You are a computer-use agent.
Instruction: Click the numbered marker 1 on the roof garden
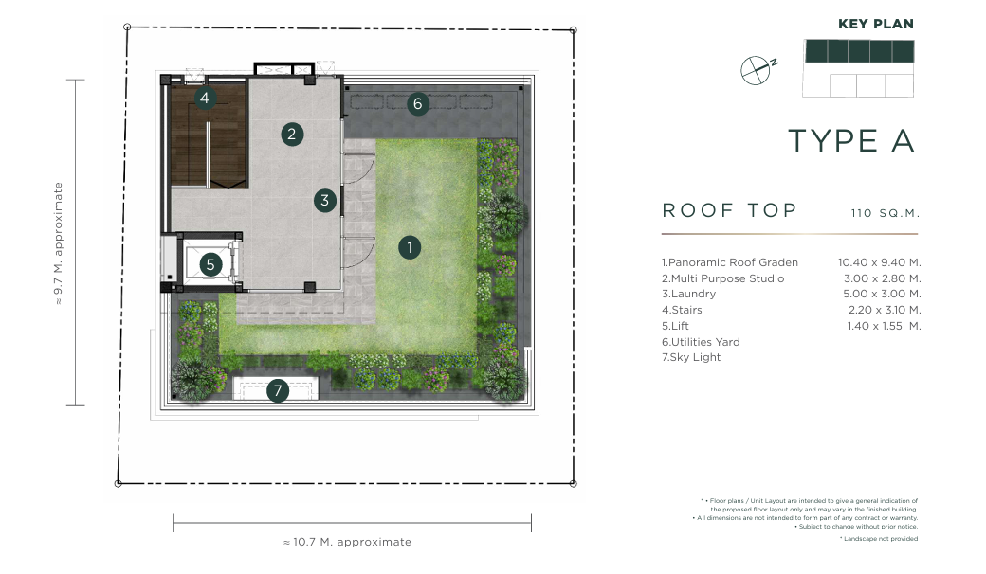[x=410, y=247]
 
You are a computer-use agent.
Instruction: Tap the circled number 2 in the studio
[x=292, y=134]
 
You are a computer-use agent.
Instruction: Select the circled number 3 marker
[x=324, y=201]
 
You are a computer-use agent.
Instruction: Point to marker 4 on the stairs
[x=205, y=98]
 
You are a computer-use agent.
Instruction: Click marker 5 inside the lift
[x=210, y=265]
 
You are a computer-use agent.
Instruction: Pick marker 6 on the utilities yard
[x=417, y=103]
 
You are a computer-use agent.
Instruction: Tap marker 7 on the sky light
[x=277, y=390]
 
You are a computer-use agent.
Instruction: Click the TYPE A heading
[x=850, y=141]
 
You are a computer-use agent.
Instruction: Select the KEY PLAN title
[x=875, y=24]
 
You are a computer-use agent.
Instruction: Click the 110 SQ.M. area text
[x=886, y=213]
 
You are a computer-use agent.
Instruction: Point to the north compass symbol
[x=758, y=70]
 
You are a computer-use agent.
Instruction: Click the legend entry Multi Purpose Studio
[x=722, y=278]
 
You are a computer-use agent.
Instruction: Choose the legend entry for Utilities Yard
[x=701, y=342]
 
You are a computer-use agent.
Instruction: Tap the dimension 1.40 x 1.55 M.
[x=884, y=326]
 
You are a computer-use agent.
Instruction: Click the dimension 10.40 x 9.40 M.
[x=879, y=262]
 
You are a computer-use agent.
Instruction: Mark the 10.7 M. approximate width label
[x=347, y=542]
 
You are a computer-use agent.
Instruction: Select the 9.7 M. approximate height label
[x=59, y=243]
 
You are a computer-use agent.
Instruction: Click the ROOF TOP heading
[x=729, y=210]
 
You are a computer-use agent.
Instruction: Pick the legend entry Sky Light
[x=691, y=357]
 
